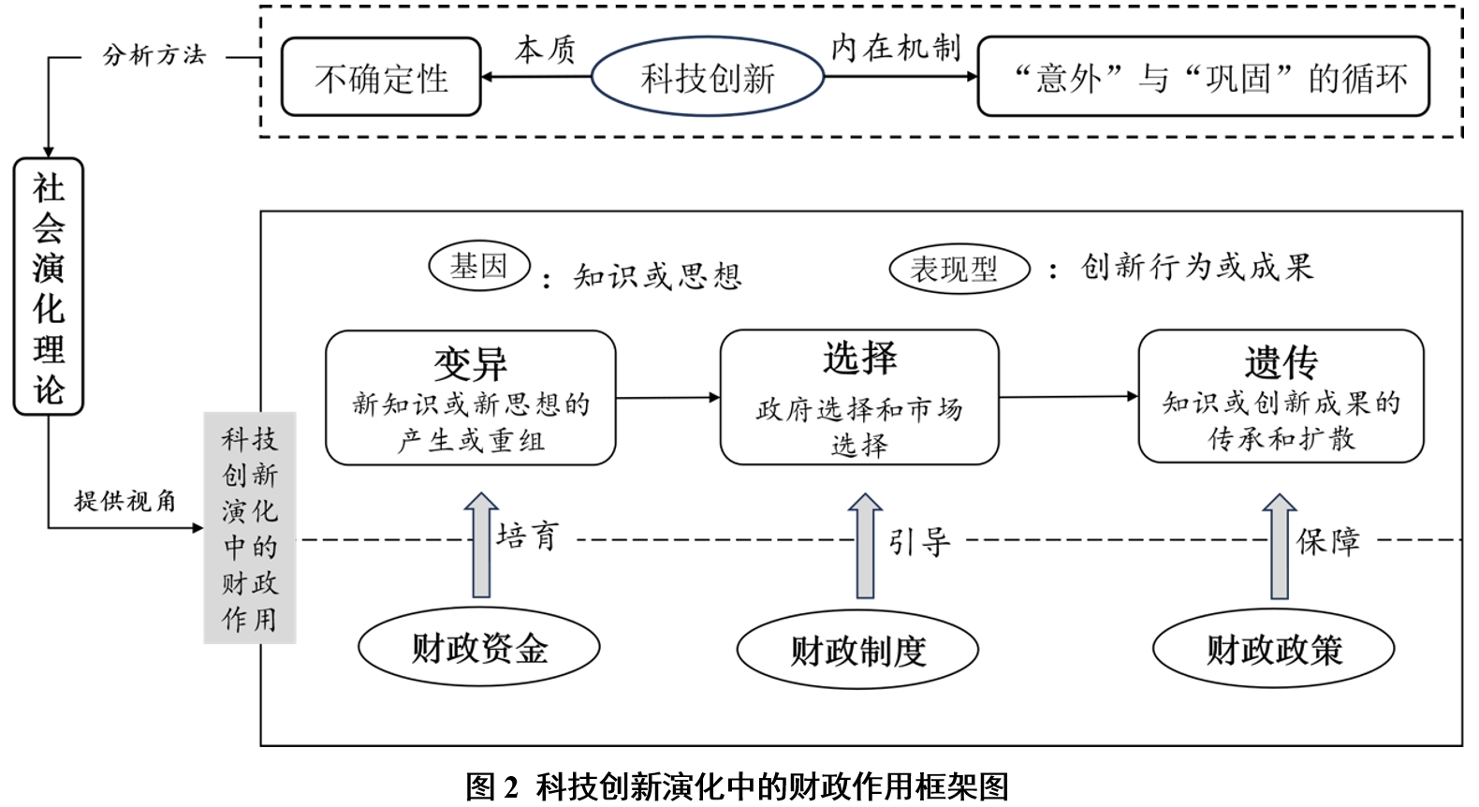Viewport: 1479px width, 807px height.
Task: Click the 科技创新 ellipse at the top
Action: pos(708,78)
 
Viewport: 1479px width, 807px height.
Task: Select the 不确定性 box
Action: pos(381,78)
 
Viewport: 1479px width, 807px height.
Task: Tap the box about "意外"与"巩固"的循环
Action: pos(1203,78)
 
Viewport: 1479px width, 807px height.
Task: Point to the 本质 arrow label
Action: pos(544,50)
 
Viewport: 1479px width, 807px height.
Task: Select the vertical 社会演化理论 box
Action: pos(49,286)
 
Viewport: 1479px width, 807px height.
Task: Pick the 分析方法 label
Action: pos(154,55)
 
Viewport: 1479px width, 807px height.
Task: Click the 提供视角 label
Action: pos(125,501)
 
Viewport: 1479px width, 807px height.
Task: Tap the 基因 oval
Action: pos(479,267)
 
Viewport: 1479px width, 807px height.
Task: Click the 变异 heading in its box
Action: pos(470,362)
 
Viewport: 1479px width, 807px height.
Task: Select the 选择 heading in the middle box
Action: pos(859,358)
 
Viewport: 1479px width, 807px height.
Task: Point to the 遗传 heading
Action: pos(1281,361)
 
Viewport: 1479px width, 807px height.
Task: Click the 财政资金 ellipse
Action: pos(479,648)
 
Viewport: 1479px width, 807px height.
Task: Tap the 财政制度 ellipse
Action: pos(857,650)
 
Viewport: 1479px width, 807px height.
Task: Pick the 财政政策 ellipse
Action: pos(1273,649)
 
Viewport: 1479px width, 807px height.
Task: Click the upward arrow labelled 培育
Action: pos(481,545)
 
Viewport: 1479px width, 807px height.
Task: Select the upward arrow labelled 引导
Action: pos(865,546)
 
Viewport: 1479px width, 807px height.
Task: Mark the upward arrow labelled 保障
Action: pos(1279,547)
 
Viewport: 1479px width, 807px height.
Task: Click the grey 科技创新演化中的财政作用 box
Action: pos(250,528)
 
